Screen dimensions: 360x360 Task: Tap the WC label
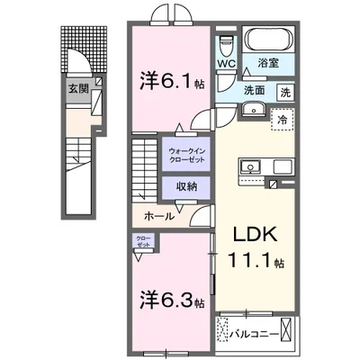click(x=225, y=64)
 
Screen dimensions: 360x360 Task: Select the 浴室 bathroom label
click(x=266, y=64)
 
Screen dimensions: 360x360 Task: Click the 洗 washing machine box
click(x=284, y=92)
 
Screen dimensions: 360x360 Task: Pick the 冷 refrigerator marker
click(x=283, y=119)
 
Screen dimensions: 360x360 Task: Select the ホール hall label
click(x=159, y=217)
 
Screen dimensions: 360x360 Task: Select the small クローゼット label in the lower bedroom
click(x=144, y=242)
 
